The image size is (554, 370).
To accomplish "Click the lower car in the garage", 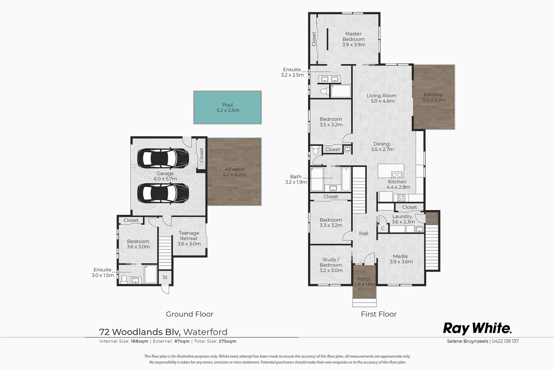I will (163, 194).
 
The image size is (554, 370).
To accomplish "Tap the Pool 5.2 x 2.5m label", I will (228, 108).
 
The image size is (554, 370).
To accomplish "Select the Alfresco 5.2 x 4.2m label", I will (235, 172).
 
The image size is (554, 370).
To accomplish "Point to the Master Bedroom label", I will (353, 39).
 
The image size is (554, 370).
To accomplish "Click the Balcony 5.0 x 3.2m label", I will (433, 97).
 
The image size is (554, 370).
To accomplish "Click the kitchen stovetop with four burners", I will (401, 198).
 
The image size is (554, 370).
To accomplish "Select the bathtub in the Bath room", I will (345, 179).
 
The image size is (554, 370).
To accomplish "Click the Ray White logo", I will (477, 328).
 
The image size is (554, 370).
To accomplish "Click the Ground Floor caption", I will (189, 314).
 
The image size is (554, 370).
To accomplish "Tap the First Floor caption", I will (378, 314).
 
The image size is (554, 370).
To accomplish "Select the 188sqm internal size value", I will (139, 341).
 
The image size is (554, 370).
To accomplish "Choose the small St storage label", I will (165, 277).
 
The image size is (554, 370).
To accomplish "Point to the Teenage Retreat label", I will (189, 238).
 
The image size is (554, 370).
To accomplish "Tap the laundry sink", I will (419, 229).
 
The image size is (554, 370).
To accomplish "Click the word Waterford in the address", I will (205, 332).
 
